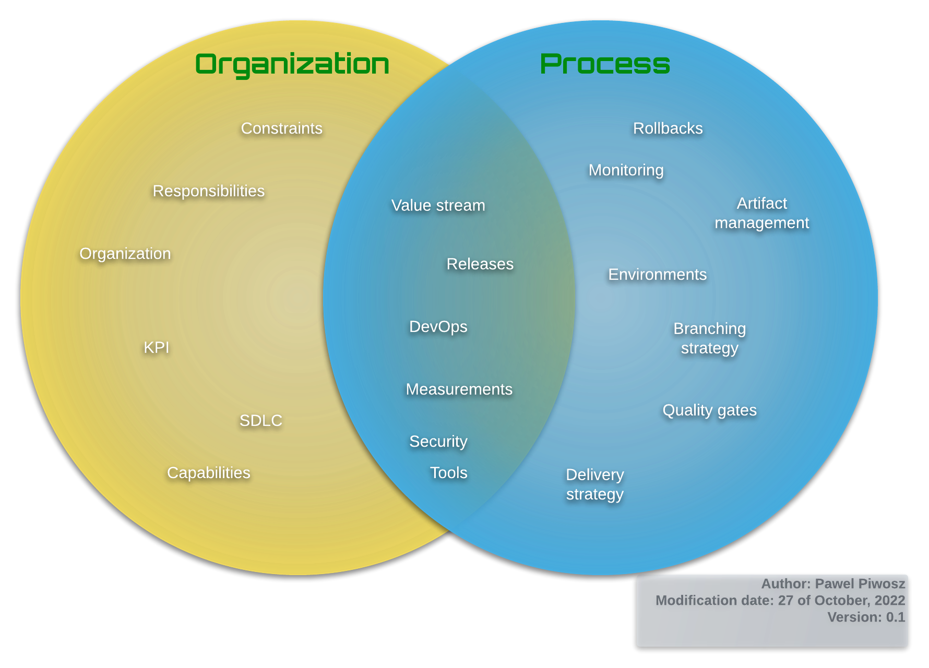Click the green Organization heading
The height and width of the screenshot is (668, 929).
coord(292,64)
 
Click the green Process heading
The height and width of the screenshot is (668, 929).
coord(605,64)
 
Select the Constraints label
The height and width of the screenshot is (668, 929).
coord(282,128)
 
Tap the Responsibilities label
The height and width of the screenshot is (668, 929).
coord(209,191)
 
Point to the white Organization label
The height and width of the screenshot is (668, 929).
coord(125,254)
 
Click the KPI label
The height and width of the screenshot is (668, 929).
coord(157,348)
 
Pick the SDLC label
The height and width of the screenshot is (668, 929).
coord(261,421)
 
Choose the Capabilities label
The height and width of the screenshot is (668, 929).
coord(209,473)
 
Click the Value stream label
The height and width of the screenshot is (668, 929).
coord(438,206)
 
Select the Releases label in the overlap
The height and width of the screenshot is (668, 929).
coord(480,264)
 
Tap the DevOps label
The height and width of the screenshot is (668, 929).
coord(438,327)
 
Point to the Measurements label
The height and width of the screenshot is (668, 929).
coord(459,389)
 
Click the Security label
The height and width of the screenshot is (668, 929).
coord(438,442)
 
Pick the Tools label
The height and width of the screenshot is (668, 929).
coord(449,473)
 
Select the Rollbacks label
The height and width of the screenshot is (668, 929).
coord(668,128)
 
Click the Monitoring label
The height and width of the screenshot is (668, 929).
coord(626,170)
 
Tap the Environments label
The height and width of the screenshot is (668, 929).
coord(658,275)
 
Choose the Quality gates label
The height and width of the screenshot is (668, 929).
coord(710,410)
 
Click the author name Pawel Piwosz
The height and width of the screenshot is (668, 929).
coord(860,583)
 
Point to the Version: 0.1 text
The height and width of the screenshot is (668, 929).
coord(866,617)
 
